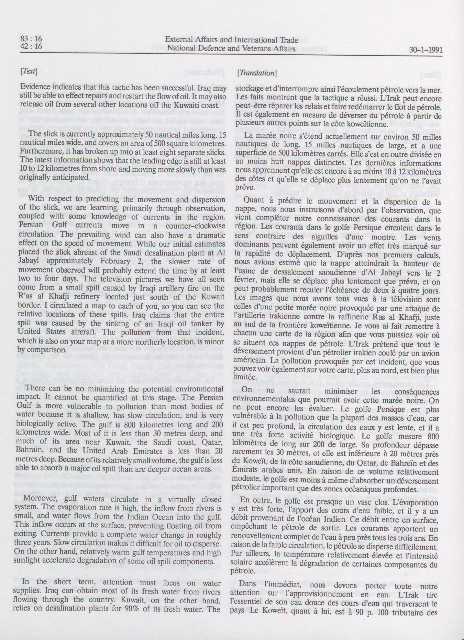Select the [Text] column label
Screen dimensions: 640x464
(x=27, y=71)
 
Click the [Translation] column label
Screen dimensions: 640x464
(x=256, y=72)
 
